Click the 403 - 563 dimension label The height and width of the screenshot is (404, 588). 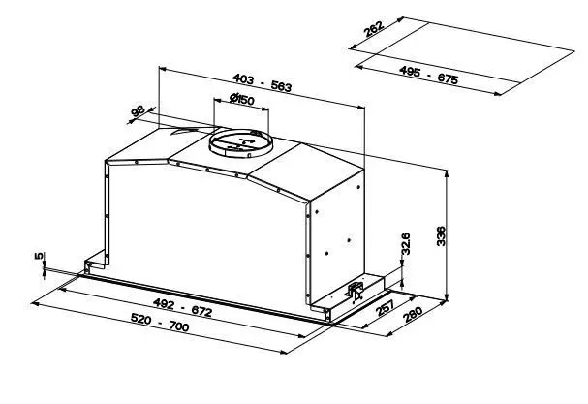(262, 83)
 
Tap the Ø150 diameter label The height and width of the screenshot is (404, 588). (242, 99)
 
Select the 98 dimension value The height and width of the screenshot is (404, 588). (138, 111)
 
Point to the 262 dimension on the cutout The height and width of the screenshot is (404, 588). (374, 29)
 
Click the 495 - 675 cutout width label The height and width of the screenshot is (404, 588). (428, 75)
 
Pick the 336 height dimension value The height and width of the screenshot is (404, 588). (442, 236)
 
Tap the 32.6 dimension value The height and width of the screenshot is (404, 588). (405, 243)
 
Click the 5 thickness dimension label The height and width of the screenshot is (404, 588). (39, 256)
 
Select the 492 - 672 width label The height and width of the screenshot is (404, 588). (183, 307)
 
